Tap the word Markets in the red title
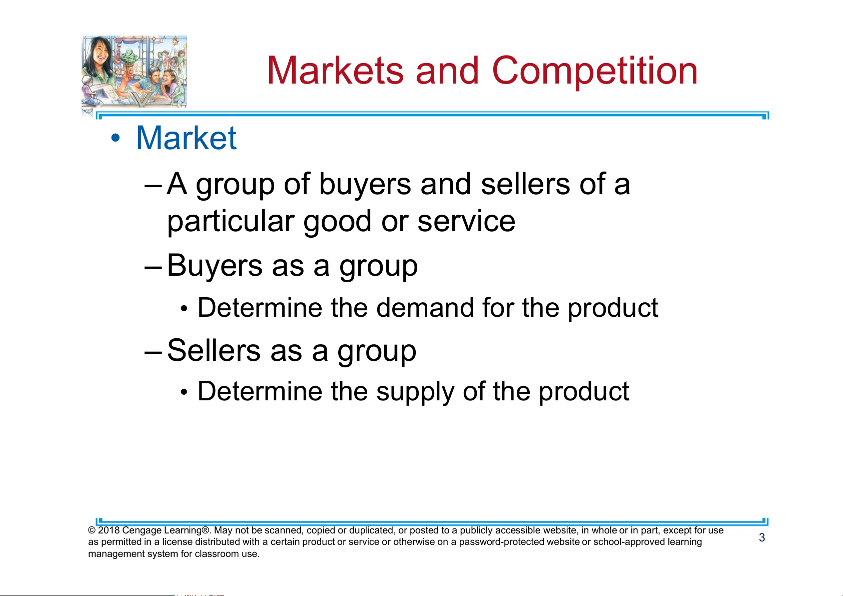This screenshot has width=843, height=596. coord(335,71)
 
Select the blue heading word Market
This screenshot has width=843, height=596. coord(186,138)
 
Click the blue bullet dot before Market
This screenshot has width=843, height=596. coord(116,138)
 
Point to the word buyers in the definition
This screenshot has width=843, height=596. coord(365,184)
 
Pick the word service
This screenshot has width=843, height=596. coord(466,221)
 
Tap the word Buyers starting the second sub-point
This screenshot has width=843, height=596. coord(215,266)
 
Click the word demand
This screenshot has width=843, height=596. coord(425,308)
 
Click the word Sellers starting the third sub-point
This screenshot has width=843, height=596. coord(214,350)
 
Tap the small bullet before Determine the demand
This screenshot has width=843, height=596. coord(184,309)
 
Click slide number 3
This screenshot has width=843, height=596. coord(762,537)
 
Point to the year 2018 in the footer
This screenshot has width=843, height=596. coord(109,530)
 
